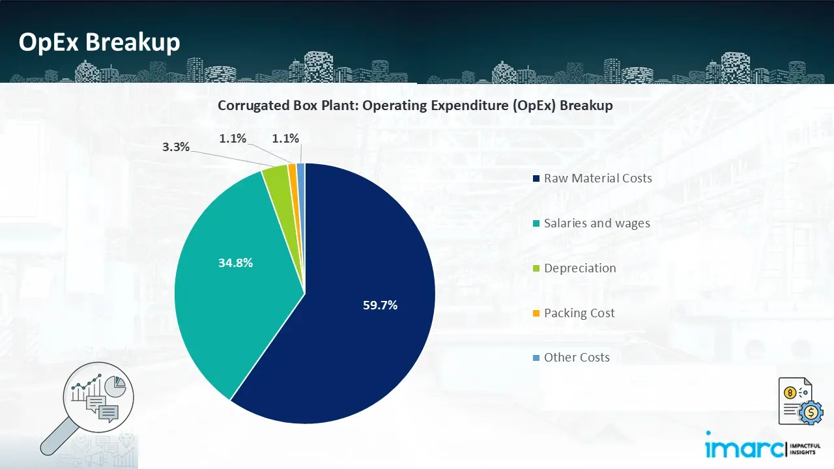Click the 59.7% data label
(x=380, y=305)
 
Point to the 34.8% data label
(x=235, y=263)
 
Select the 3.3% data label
(x=176, y=147)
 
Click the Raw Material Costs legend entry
(x=597, y=178)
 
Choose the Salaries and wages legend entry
(x=597, y=223)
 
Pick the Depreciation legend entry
(x=580, y=268)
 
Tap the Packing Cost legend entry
(x=579, y=313)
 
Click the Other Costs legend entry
(x=577, y=358)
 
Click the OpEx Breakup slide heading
(x=99, y=42)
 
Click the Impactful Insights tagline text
(x=806, y=448)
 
